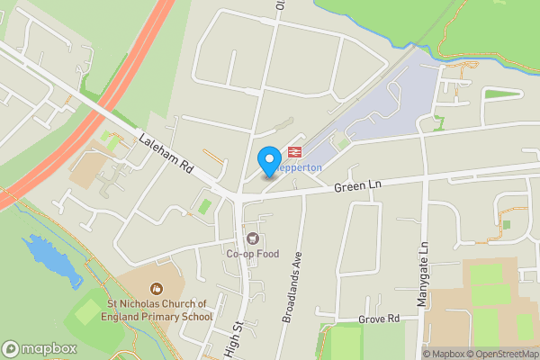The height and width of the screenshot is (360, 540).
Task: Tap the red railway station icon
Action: pos(294,151)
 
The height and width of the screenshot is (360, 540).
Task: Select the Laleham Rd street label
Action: pos(167,155)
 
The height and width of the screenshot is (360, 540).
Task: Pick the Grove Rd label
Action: pos(380,319)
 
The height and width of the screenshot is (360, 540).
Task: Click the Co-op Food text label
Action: pos(254,255)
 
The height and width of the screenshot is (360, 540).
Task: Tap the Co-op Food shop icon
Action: pos(254,239)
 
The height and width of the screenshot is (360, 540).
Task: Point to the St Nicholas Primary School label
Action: pos(157,310)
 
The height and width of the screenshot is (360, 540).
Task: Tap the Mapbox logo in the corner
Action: pos(40,348)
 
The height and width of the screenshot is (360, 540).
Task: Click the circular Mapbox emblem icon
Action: pos(12,348)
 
